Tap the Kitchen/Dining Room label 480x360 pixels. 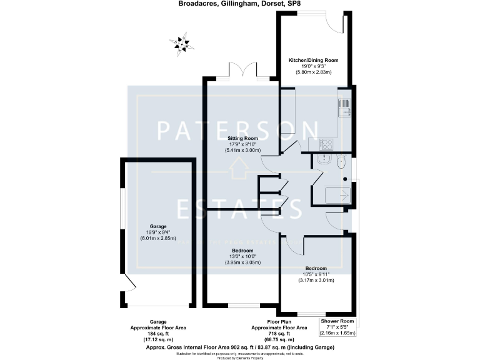(313, 60)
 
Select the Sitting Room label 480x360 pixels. (242, 138)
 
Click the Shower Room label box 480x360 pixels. (337, 327)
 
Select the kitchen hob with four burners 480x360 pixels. (327, 144)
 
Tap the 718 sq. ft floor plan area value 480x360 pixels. (279, 334)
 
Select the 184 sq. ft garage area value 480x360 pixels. (158, 334)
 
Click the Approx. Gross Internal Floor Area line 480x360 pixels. (240, 347)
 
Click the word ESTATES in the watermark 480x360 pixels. (239, 208)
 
